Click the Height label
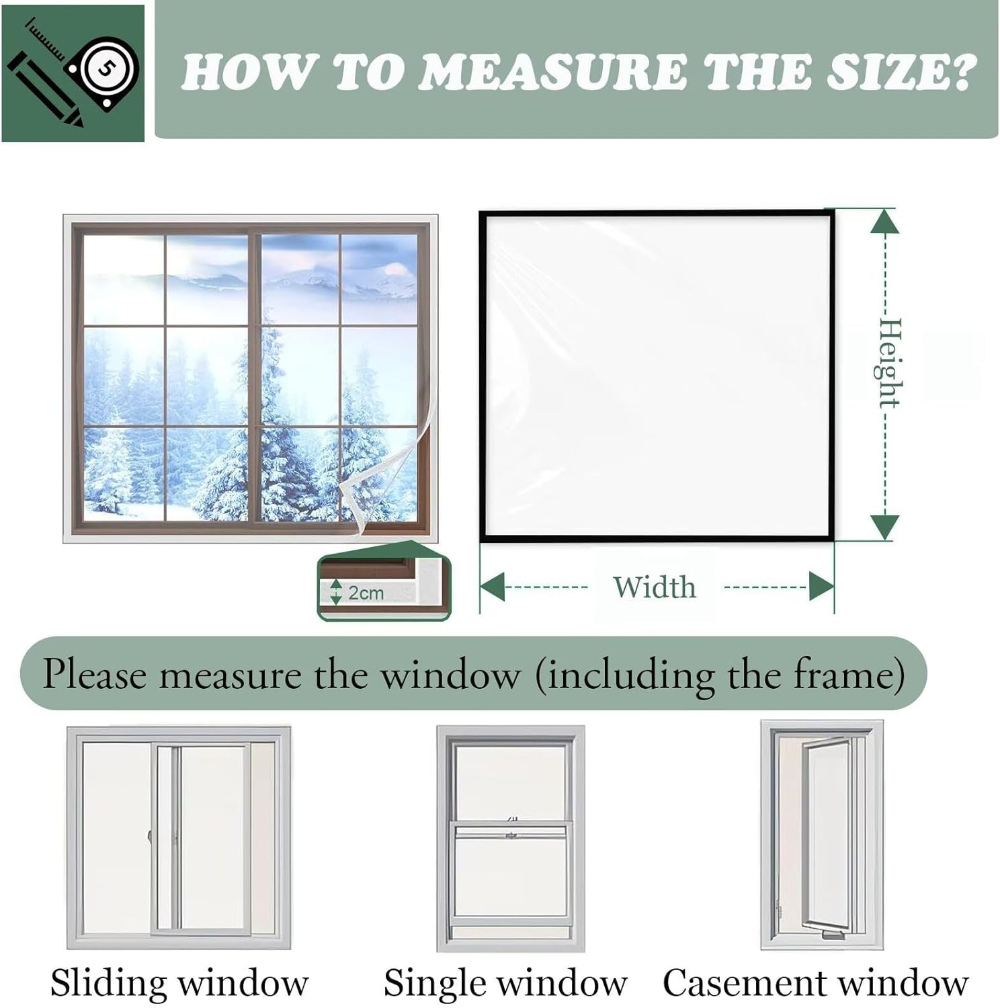pos(889,363)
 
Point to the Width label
pos(654,587)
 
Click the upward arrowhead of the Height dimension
pos(884,222)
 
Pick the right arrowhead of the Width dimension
pos(821,587)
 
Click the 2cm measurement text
pos(366,593)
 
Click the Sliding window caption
pos(179,982)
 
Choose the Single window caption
pos(505,982)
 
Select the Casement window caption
pos(815,982)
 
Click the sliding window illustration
pos(179,837)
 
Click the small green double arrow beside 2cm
pos(336,592)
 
